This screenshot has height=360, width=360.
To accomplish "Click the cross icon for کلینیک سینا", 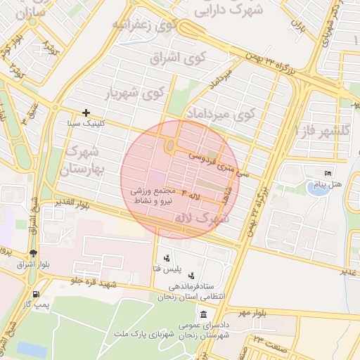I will pos(86,112).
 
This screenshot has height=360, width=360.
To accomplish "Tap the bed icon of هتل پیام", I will pos(327,174).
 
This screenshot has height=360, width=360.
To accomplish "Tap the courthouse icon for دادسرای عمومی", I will pos(204,314).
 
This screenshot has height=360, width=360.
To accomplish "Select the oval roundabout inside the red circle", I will pos(170,146).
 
